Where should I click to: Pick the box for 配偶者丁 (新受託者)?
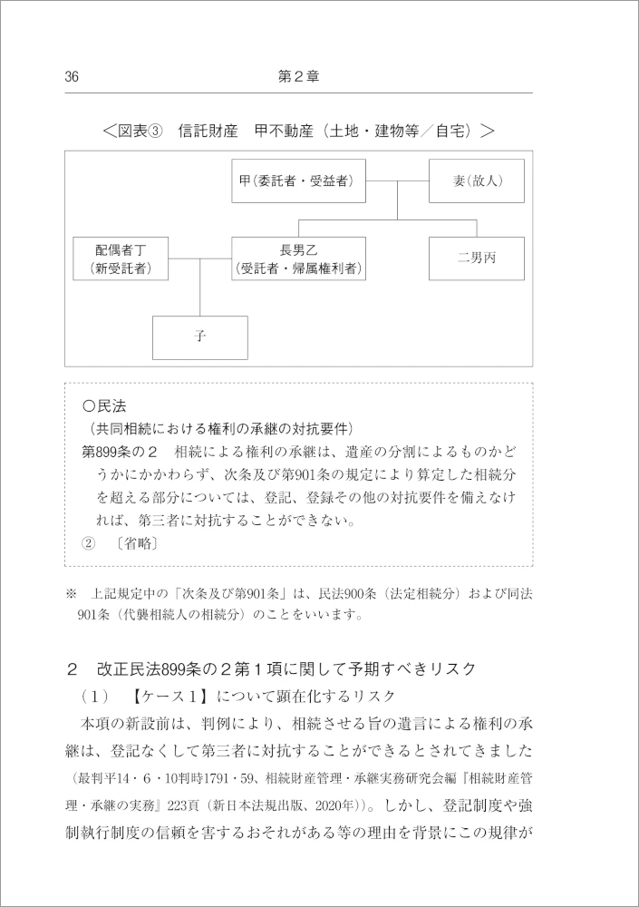[x=121, y=258]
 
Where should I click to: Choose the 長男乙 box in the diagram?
[x=298, y=258]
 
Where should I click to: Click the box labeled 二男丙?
[x=477, y=258]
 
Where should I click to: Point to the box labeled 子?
[x=200, y=336]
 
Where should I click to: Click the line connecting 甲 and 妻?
[x=397, y=181]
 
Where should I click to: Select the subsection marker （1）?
[x=98, y=696]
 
